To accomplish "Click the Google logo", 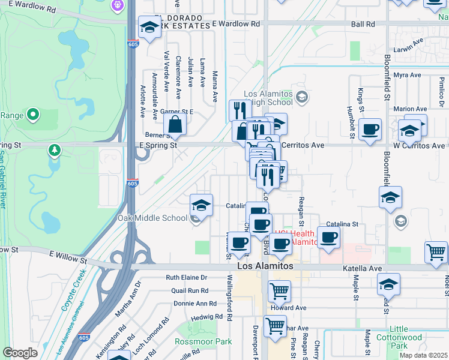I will (x=20, y=353).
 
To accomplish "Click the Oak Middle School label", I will (x=152, y=218).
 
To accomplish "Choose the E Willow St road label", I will (x=68, y=257).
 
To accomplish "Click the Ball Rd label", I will (x=363, y=25).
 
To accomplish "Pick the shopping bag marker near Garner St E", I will (x=175, y=125).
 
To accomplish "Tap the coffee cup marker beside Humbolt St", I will (x=370, y=129).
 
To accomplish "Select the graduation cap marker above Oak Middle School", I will (x=201, y=205).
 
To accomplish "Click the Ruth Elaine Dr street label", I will (x=186, y=278).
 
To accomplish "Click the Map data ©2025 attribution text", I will (x=423, y=355).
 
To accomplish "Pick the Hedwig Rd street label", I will (x=202, y=316).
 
